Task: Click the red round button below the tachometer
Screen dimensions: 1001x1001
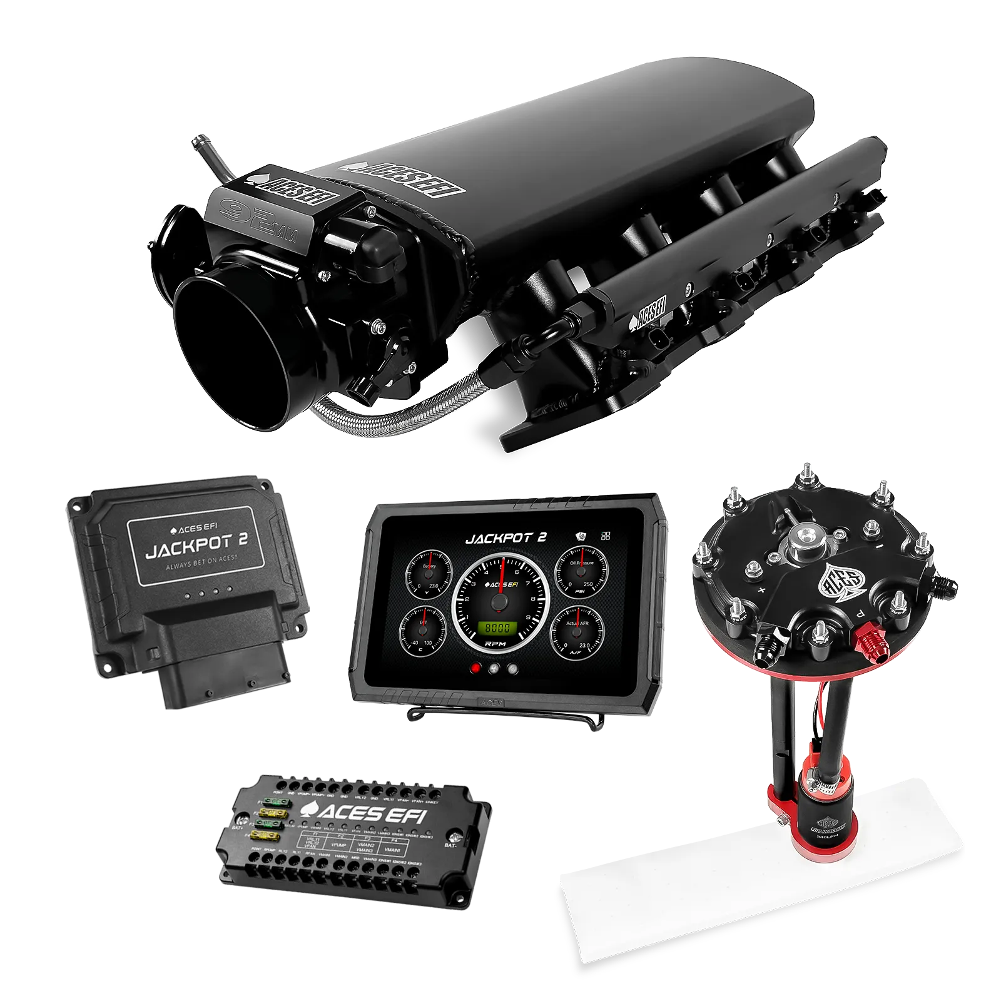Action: tap(476, 668)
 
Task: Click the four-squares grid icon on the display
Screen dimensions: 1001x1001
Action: tap(605, 536)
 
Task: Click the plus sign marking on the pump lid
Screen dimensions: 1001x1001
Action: tap(762, 590)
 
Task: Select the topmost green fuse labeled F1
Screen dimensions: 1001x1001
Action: tap(275, 801)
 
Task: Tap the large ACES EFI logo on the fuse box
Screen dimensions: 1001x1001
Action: tap(363, 813)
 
